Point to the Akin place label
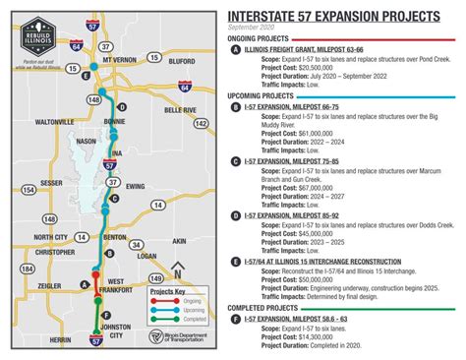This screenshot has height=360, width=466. click(178, 241)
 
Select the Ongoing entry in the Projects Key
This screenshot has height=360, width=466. click(168, 304)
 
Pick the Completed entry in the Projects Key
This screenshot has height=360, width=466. click(168, 323)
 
